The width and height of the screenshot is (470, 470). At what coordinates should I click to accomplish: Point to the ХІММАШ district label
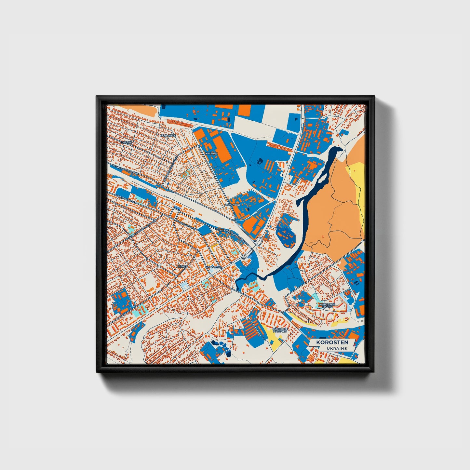pos(211,153)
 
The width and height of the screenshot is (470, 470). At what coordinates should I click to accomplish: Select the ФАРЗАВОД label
pos(232,205)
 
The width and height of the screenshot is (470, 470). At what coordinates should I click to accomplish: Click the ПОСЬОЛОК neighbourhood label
pos(168,135)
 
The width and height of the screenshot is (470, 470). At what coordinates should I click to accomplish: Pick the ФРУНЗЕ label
pos(126,142)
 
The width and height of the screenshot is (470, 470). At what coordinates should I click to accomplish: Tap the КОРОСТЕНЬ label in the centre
pos(214,267)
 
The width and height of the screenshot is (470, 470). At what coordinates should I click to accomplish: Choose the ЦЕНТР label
pos(183,266)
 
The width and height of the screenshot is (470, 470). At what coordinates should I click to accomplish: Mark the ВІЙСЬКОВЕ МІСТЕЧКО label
pos(280,330)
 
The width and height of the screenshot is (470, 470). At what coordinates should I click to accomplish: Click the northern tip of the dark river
pos(338,149)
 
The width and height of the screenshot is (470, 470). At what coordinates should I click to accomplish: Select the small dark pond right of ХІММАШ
pos(259,160)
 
